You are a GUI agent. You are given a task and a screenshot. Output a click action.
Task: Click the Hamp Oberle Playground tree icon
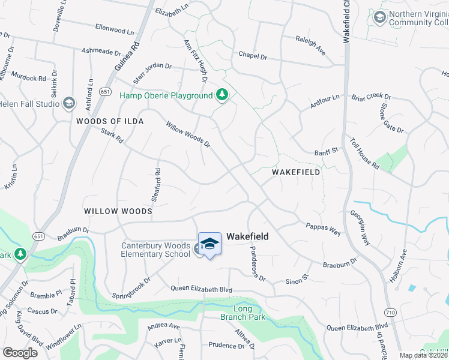point(222,95)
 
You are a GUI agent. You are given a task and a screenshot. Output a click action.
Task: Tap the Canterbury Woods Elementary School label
point(155,250)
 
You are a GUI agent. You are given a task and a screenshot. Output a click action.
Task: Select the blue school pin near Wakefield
point(209,244)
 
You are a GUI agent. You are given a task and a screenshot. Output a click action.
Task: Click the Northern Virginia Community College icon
point(379,17)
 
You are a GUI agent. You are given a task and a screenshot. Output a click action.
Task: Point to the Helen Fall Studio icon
point(69,103)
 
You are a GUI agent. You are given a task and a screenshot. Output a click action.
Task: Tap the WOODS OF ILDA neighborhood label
point(110,121)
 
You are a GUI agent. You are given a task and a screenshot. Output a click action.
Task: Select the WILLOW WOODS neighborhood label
point(118,211)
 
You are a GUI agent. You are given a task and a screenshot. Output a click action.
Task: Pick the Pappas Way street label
point(323,229)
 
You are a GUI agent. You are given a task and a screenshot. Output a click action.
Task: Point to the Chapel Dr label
point(252,56)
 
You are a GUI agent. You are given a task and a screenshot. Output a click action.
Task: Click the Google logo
point(20,353)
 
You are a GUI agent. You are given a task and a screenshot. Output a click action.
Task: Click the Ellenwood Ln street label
point(118,29)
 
